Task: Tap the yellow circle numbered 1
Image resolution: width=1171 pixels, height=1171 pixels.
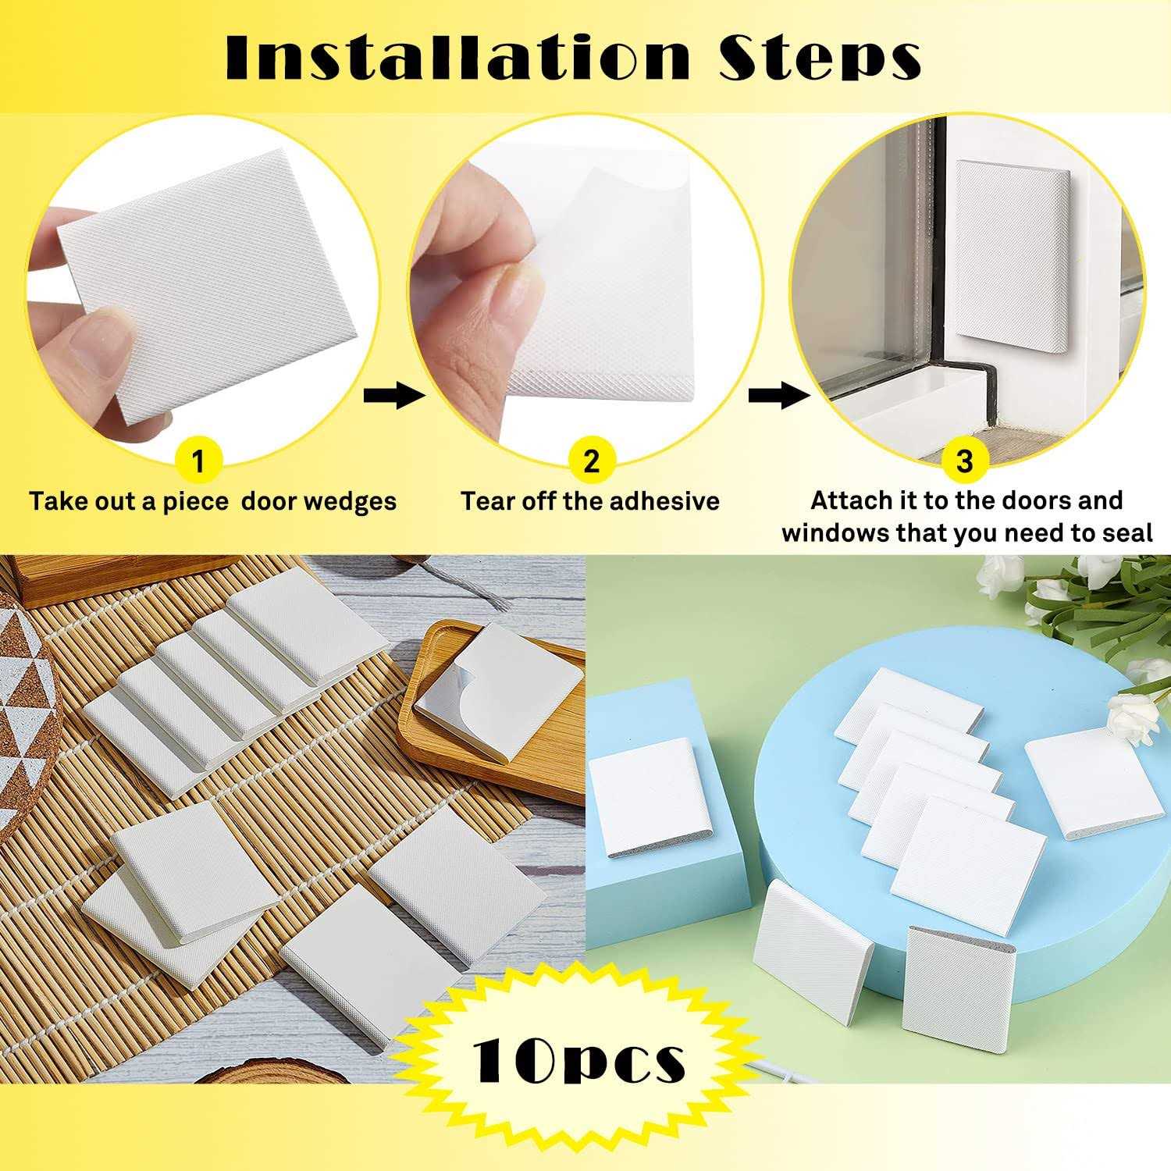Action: point(198,461)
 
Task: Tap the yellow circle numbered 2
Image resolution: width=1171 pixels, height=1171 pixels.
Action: point(591,461)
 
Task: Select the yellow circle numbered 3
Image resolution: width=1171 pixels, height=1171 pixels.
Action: point(965,461)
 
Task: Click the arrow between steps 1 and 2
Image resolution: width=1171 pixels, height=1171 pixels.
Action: point(393,396)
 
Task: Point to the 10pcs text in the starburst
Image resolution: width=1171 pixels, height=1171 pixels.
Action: point(578,1059)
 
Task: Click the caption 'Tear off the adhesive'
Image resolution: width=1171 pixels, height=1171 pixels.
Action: point(589,500)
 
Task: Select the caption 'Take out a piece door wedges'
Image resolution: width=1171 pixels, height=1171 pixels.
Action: point(212,500)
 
